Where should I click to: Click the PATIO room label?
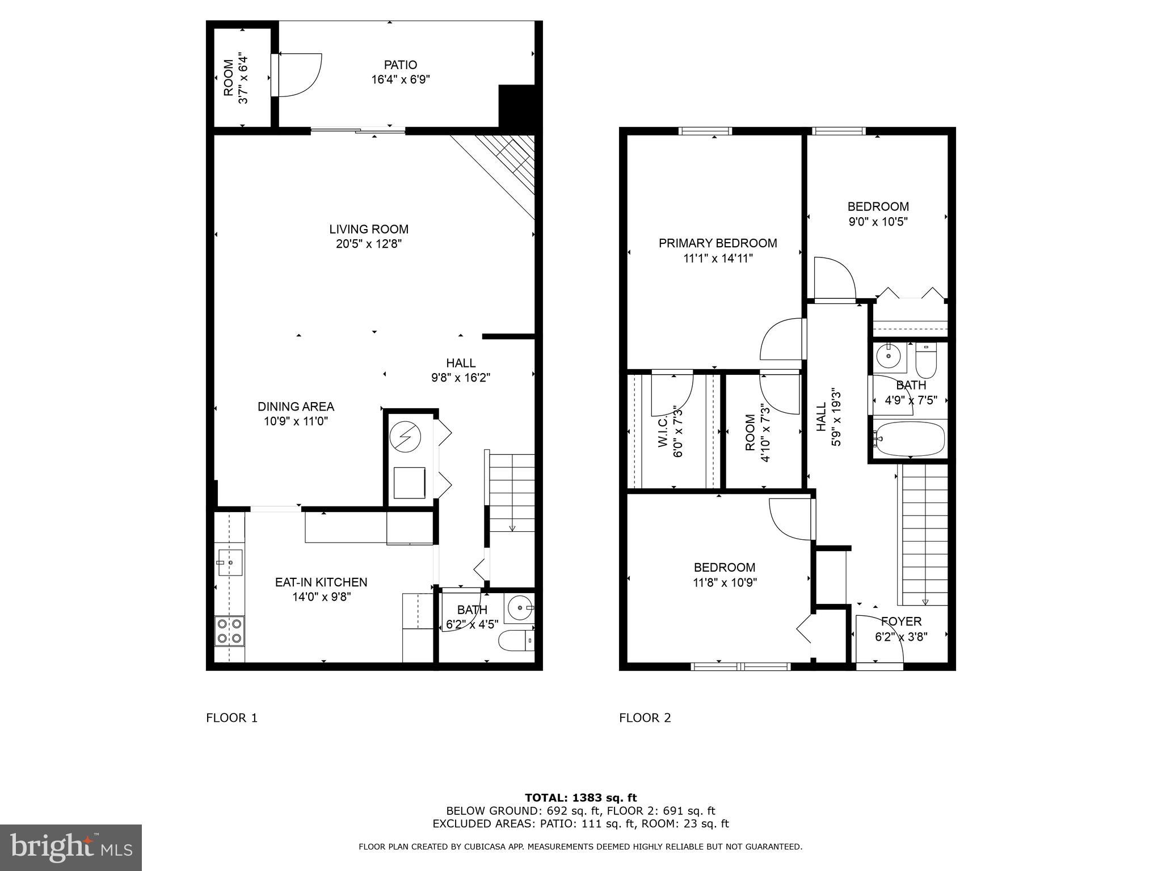pyautogui.click(x=400, y=65)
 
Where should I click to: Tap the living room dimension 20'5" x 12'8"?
pyautogui.click(x=369, y=244)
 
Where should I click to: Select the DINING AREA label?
pyautogui.click(x=296, y=407)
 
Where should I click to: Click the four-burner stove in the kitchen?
pyautogui.click(x=229, y=631)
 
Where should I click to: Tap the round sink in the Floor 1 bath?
pyautogui.click(x=519, y=608)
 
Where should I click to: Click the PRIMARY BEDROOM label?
pyautogui.click(x=718, y=243)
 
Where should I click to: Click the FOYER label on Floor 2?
pyautogui.click(x=901, y=621)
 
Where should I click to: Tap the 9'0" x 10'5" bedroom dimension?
pyautogui.click(x=878, y=222)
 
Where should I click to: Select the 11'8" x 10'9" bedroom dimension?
pyautogui.click(x=725, y=582)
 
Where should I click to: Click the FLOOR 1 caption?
pyautogui.click(x=231, y=718)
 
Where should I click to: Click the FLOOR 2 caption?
pyautogui.click(x=645, y=718)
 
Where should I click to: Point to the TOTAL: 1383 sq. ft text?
pyautogui.click(x=580, y=798)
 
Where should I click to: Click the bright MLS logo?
pyautogui.click(x=70, y=847)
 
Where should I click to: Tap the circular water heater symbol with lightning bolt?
pyautogui.click(x=405, y=437)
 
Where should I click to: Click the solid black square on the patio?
pyautogui.click(x=516, y=106)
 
